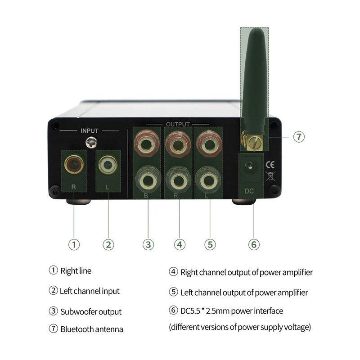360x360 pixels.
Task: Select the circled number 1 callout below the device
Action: coord(74,244)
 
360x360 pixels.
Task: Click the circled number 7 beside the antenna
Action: coord(299,136)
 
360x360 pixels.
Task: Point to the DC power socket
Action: coord(248,166)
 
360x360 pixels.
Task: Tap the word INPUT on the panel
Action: coord(89,130)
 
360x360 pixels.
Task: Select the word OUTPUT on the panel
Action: coord(178,124)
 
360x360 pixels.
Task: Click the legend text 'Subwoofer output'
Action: coord(91,311)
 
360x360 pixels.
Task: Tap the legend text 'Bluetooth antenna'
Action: coord(92,329)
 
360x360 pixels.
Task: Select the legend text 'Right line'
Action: coord(76,271)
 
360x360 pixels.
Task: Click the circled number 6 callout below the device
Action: coord(254,244)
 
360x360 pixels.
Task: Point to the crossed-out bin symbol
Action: coord(271,176)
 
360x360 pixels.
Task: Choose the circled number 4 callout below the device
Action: coord(179,244)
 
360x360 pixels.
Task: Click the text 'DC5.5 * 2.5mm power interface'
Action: coord(232,311)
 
